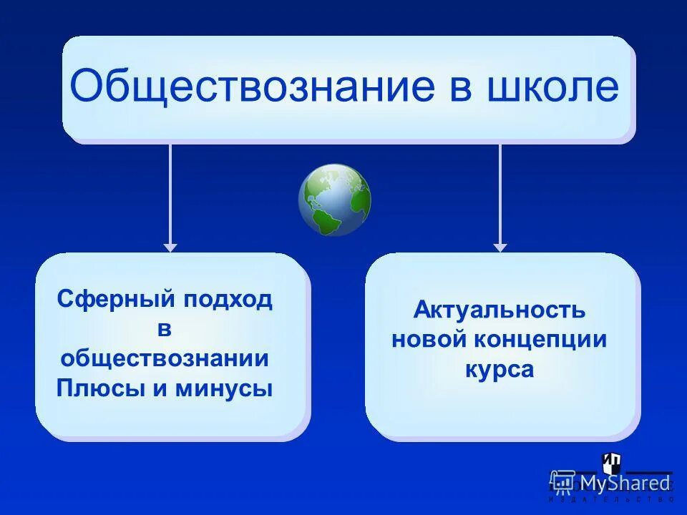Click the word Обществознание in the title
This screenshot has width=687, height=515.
[251, 87]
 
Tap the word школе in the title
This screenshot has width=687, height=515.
[550, 87]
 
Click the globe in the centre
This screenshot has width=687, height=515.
[334, 200]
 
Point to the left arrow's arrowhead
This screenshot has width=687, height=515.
[170, 247]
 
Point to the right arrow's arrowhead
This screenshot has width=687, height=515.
[500, 247]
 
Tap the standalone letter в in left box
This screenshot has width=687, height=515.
[165, 330]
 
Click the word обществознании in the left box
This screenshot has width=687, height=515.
[165, 358]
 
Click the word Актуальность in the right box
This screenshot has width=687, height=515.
[500, 310]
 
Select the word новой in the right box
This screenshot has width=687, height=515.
[427, 340]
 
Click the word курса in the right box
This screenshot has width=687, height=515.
[500, 369]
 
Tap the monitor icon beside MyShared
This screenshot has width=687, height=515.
[563, 483]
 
